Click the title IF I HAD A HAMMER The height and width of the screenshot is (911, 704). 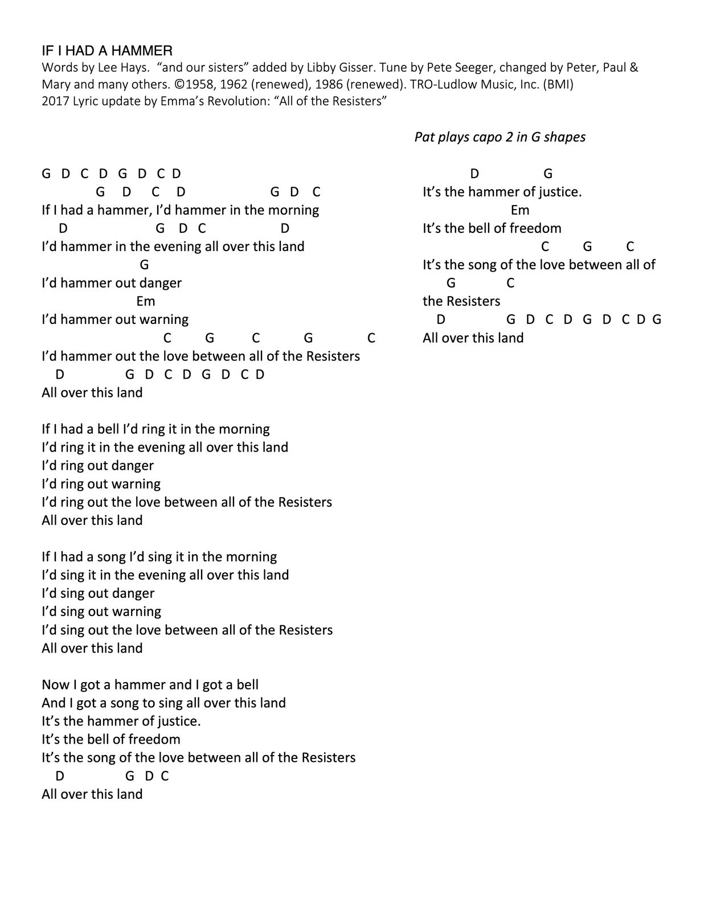click(x=107, y=51)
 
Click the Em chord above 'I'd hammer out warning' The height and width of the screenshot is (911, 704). click(x=146, y=301)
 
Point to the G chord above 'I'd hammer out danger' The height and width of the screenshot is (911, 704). click(x=144, y=265)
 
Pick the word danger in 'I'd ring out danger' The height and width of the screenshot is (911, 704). click(x=132, y=466)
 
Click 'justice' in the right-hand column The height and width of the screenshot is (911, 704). click(x=560, y=192)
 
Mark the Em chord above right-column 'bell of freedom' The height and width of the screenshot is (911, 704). click(x=520, y=210)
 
